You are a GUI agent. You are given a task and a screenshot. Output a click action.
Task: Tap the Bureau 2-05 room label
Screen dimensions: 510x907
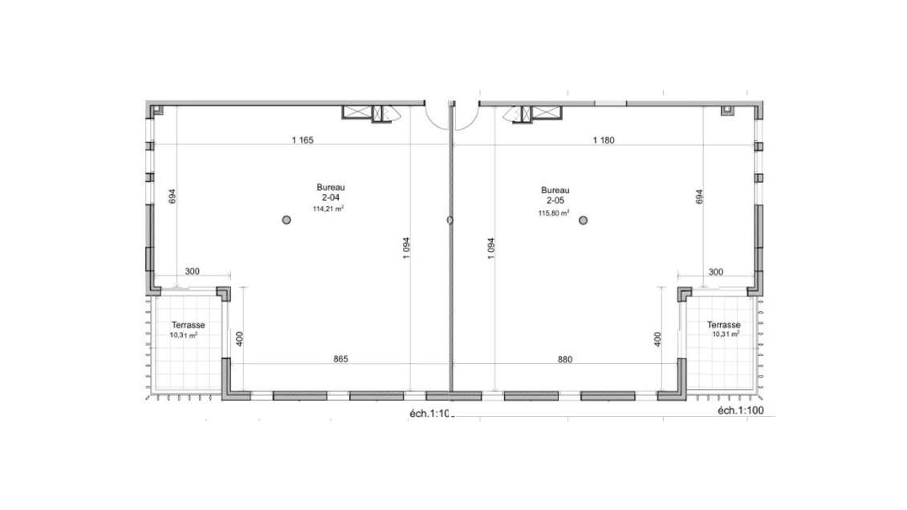point(554,193)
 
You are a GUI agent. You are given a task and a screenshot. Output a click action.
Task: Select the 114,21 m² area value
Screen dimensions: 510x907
point(327,208)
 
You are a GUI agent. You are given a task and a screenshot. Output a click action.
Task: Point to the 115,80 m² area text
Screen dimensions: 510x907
point(554,213)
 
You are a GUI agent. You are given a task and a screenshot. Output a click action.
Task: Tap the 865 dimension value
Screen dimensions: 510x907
point(340,360)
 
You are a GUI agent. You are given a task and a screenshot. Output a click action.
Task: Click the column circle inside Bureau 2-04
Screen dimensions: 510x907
point(286,220)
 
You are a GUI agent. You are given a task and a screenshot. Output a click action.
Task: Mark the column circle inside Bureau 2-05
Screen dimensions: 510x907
point(584,220)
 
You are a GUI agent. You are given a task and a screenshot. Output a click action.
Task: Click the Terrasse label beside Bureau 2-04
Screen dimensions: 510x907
point(188,326)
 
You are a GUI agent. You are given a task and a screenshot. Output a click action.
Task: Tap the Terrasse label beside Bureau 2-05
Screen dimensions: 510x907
point(723,325)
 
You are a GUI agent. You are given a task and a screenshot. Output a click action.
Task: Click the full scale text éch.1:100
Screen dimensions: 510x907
point(742,411)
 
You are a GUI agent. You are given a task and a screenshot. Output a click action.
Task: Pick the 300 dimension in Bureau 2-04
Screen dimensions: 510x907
point(192,272)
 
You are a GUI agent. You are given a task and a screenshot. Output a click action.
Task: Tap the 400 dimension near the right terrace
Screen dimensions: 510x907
point(657,338)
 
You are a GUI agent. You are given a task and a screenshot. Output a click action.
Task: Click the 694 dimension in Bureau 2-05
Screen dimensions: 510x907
point(699,196)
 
